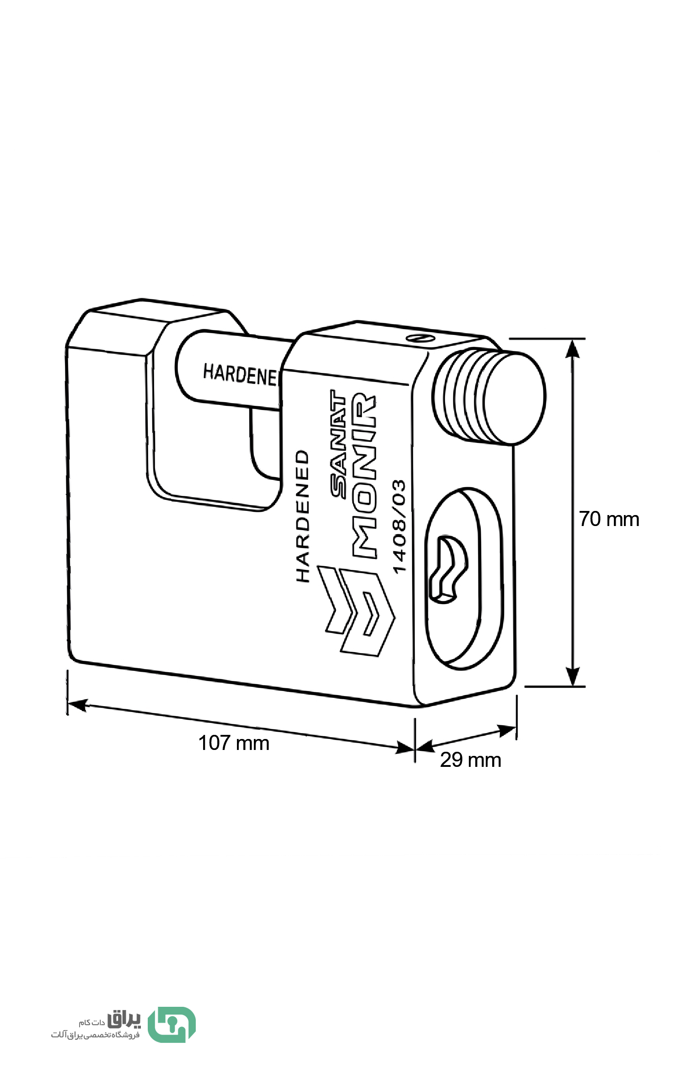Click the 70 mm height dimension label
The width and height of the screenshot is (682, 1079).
pyautogui.click(x=609, y=519)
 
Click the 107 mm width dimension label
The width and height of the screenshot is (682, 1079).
pyautogui.click(x=233, y=743)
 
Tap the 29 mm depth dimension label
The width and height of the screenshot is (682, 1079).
pyautogui.click(x=471, y=760)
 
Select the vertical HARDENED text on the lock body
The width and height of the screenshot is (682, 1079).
pyautogui.click(x=302, y=516)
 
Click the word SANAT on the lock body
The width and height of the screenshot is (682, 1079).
pyautogui.click(x=338, y=443)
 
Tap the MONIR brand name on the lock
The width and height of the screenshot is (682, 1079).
pyautogui.click(x=365, y=475)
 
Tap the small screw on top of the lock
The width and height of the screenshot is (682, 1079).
pyautogui.click(x=420, y=339)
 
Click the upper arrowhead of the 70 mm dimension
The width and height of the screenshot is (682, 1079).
pyautogui.click(x=572, y=348)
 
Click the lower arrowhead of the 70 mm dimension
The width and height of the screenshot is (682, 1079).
pyautogui.click(x=572, y=676)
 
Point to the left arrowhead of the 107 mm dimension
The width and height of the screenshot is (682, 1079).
pyautogui.click(x=77, y=704)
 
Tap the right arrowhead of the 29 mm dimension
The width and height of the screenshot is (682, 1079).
pyautogui.click(x=507, y=730)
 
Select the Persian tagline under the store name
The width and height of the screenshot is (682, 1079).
pyautogui.click(x=95, y=1034)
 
